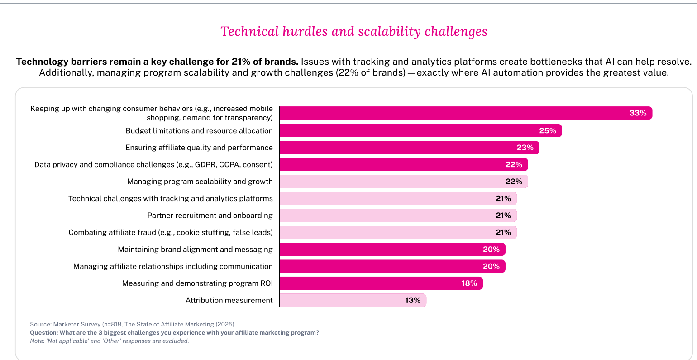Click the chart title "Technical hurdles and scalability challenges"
(353, 32)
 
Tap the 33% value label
(638, 113)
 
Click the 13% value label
(413, 300)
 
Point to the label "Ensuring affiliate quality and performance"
(199, 148)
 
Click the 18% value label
(469, 283)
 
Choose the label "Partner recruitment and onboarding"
(210, 216)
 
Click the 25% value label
(547, 131)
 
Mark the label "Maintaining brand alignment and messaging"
(195, 250)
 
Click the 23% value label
(525, 148)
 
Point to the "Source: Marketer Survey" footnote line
(133, 324)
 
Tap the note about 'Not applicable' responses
(109, 341)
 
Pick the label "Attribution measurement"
(229, 300)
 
